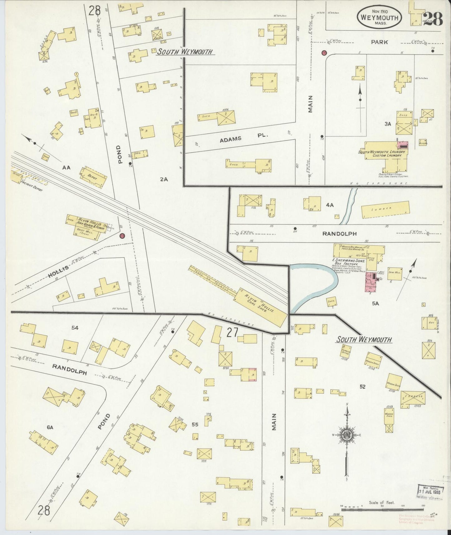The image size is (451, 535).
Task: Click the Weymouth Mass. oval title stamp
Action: [379, 17]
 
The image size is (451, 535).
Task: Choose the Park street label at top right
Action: [379, 42]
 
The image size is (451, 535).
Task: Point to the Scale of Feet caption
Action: [381, 503]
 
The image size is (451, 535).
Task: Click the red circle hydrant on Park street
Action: [324, 53]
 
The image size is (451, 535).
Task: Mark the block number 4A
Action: [330, 205]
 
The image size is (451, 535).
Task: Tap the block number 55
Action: [195, 425]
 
